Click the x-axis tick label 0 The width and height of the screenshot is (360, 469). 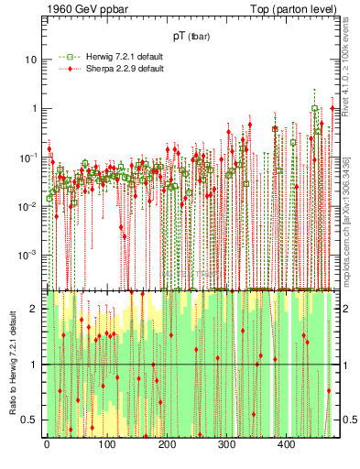[47, 444]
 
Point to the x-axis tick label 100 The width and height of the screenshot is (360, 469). [106, 444]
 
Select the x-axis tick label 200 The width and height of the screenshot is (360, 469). [167, 444]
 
